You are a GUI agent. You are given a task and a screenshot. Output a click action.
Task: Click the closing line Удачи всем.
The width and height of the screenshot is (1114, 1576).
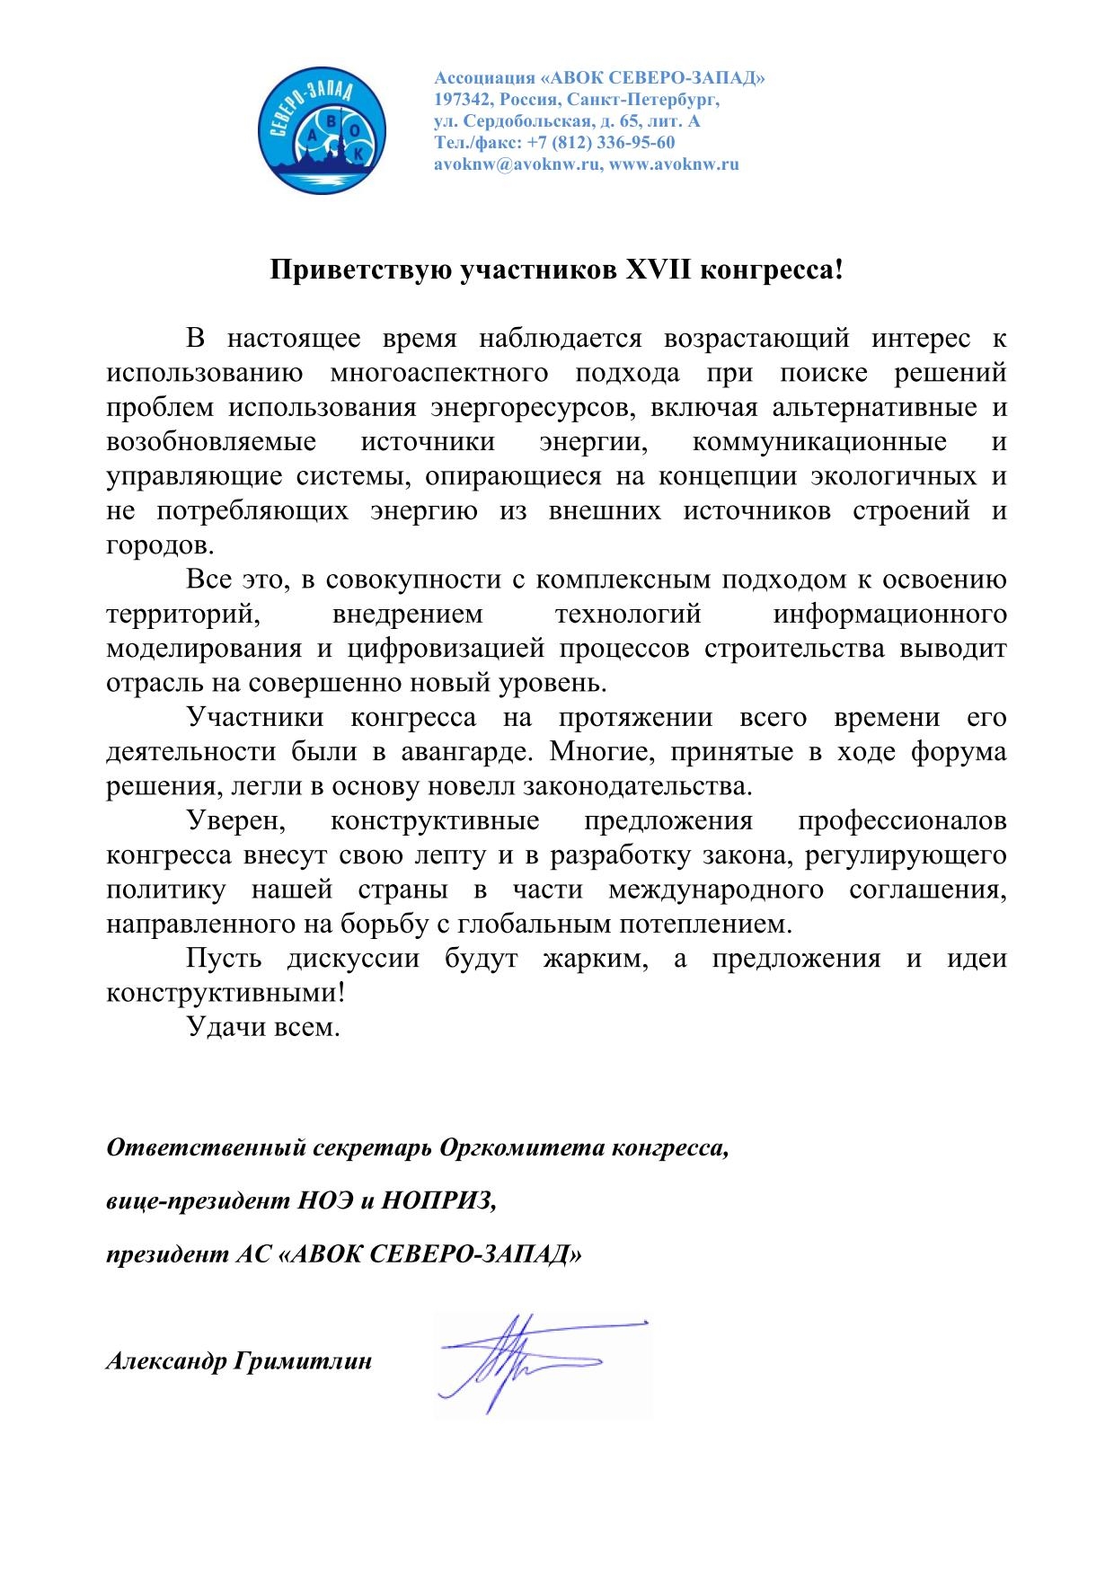click(263, 1027)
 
